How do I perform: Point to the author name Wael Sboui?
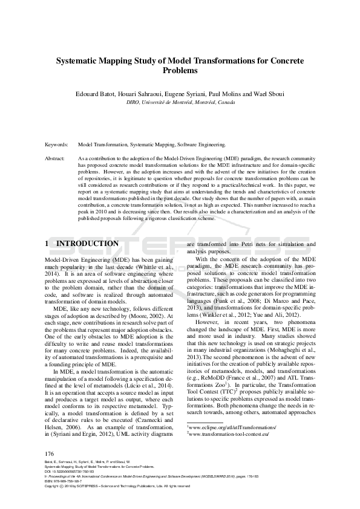coord(269,94)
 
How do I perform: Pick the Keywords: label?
coord(57,145)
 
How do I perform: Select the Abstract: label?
coord(55,158)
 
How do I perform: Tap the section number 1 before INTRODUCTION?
coord(48,244)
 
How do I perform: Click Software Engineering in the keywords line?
coord(201,145)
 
